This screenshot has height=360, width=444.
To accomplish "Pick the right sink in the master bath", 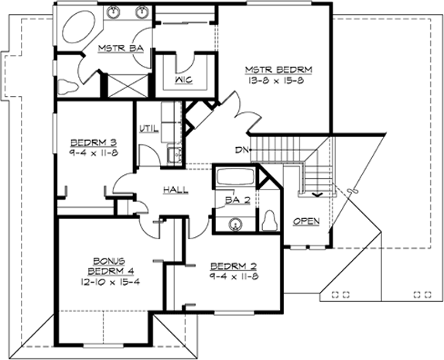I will (x=142, y=13).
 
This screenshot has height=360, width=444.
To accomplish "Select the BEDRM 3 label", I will (x=92, y=142).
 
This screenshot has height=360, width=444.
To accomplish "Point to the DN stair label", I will (x=241, y=150).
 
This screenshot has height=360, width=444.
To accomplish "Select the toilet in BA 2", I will (x=271, y=220).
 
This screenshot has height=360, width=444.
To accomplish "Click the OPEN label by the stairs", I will (x=306, y=222).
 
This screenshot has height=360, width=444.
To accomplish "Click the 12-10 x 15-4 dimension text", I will (x=102, y=283).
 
